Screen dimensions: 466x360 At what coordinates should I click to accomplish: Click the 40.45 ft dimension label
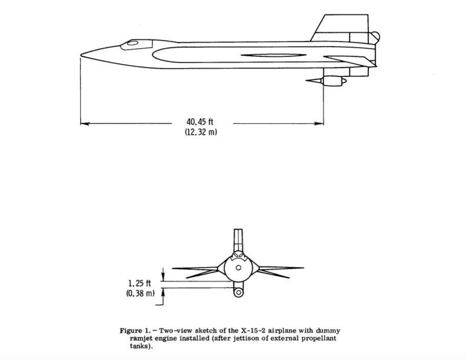pos(199,122)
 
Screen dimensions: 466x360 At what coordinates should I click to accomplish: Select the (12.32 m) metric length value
pos(201,132)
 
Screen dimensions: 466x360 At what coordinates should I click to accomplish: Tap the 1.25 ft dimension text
pos(140,283)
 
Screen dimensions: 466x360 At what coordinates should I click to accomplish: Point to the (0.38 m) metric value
pos(140,293)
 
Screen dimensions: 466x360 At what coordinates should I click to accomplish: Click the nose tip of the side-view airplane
pos(81,55)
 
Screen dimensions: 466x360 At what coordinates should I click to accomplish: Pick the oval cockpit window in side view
pos(132,43)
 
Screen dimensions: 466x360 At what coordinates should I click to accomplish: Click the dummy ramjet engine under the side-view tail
pos(326,80)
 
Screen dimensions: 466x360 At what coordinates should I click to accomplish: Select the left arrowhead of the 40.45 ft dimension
pos(85,123)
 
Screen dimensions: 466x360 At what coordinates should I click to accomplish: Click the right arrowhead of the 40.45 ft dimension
pos(320,123)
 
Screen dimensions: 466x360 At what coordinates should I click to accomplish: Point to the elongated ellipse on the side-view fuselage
pos(274,55)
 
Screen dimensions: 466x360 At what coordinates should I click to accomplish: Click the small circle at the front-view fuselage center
pos(238,267)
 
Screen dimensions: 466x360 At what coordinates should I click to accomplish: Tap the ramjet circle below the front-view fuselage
pos(238,293)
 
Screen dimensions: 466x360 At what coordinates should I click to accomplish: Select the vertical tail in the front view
pos(238,240)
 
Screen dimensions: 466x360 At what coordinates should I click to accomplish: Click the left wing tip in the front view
pos(173,268)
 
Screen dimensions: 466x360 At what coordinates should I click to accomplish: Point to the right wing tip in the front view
pos(303,267)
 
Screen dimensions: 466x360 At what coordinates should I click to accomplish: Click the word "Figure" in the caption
pos(131,331)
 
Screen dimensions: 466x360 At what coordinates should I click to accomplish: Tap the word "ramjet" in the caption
pos(140,339)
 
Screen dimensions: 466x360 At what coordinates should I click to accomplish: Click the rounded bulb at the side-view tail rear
pos(374,37)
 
